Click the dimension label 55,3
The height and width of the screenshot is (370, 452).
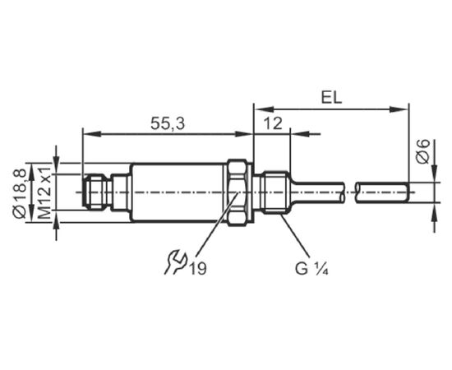point(167,124)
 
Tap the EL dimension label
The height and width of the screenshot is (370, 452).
point(331,98)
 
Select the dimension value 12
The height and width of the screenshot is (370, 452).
point(273,123)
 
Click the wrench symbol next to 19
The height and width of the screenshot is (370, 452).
point(175,261)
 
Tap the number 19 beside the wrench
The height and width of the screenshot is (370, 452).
point(198,269)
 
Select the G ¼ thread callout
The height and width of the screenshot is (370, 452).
point(311,269)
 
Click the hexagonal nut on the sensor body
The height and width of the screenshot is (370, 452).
point(238,192)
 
